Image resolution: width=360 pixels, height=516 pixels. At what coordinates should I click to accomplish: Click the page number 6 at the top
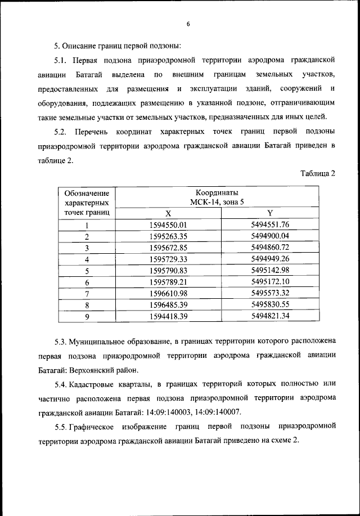click(188, 24)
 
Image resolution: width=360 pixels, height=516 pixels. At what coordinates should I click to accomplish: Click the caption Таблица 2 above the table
click(318, 173)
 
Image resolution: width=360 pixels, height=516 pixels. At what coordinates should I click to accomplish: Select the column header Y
click(270, 213)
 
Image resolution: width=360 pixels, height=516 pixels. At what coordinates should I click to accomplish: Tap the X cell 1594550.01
click(168, 225)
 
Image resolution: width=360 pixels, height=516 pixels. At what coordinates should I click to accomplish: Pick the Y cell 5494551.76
click(270, 225)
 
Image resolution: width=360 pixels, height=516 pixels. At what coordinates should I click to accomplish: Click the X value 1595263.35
click(168, 236)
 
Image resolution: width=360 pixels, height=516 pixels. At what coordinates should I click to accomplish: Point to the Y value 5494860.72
click(270, 248)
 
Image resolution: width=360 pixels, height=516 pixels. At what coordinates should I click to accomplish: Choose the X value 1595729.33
click(168, 259)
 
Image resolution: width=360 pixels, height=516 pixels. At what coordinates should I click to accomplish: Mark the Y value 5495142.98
click(270, 271)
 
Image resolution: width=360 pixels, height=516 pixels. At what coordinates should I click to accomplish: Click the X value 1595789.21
click(168, 282)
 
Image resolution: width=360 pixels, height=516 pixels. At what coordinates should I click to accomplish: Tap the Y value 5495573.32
click(270, 293)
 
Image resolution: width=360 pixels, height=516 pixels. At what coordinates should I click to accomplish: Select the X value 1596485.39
click(168, 304)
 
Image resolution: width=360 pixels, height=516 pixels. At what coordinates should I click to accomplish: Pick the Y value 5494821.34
click(270, 316)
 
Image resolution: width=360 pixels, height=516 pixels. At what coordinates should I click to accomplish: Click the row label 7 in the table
click(87, 293)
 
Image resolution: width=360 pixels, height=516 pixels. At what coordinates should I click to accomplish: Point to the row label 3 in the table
click(87, 248)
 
